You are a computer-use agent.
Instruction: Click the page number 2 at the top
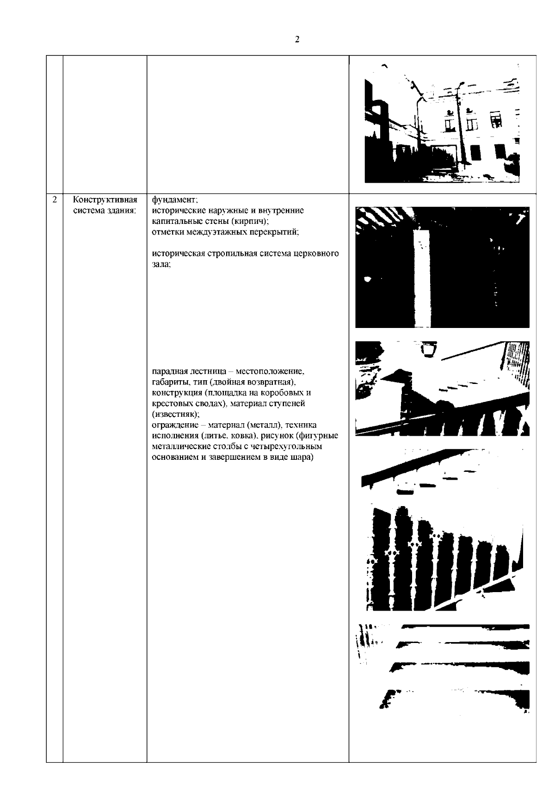[297, 39]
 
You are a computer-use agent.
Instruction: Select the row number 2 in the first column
[55, 200]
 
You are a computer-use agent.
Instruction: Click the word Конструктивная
[105, 200]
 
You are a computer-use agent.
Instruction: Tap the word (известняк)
[176, 414]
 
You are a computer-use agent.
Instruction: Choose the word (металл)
[265, 425]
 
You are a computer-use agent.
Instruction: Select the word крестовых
[170, 403]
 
